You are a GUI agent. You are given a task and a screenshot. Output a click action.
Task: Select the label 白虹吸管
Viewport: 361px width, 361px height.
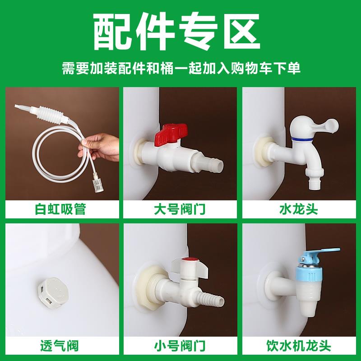(60, 209)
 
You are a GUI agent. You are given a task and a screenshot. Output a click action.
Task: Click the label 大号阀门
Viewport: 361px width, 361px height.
(180, 209)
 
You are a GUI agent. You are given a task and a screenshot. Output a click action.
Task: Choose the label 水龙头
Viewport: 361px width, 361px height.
(301, 209)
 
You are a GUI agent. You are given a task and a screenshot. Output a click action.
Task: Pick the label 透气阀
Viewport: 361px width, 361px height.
(60, 347)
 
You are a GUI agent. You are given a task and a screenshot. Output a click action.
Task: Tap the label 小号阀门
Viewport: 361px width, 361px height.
(180, 347)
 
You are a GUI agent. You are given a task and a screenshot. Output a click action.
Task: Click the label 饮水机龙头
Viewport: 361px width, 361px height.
(301, 347)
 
